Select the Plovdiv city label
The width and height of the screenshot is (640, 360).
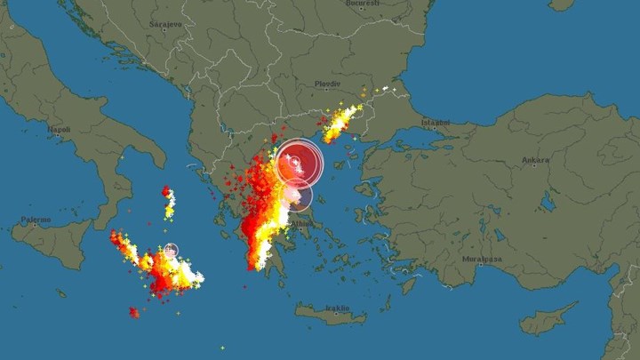(328, 84)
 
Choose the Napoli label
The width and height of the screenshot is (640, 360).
(60, 129)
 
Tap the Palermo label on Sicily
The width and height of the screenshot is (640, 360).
(37, 219)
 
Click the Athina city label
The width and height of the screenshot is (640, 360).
(303, 224)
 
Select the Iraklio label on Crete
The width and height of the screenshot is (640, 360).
(337, 308)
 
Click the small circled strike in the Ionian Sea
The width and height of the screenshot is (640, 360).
(171, 251)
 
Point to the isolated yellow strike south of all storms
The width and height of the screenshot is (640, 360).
(223, 348)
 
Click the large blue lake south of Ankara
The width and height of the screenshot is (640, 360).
(548, 202)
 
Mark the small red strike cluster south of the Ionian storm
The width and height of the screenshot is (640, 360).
(133, 312)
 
